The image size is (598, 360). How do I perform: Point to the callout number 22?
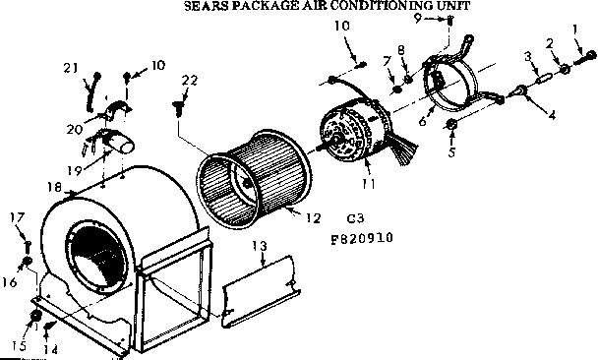click(190, 80)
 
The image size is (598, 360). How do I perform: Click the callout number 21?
click(70, 68)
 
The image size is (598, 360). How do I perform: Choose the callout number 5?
click(451, 152)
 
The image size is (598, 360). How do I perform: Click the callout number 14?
click(52, 349)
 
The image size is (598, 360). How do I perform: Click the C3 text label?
click(355, 218)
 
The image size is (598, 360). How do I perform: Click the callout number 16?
click(10, 282)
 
